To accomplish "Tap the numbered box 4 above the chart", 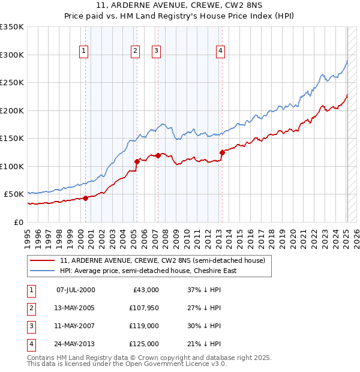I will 221,51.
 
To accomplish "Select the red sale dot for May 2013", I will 222,152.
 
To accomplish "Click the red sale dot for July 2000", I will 85,197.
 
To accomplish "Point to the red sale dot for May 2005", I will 137,161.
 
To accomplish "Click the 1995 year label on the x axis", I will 28,236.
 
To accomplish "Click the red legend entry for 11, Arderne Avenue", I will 162,260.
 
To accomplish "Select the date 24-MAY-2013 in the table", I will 75,344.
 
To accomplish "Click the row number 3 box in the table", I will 31,326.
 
